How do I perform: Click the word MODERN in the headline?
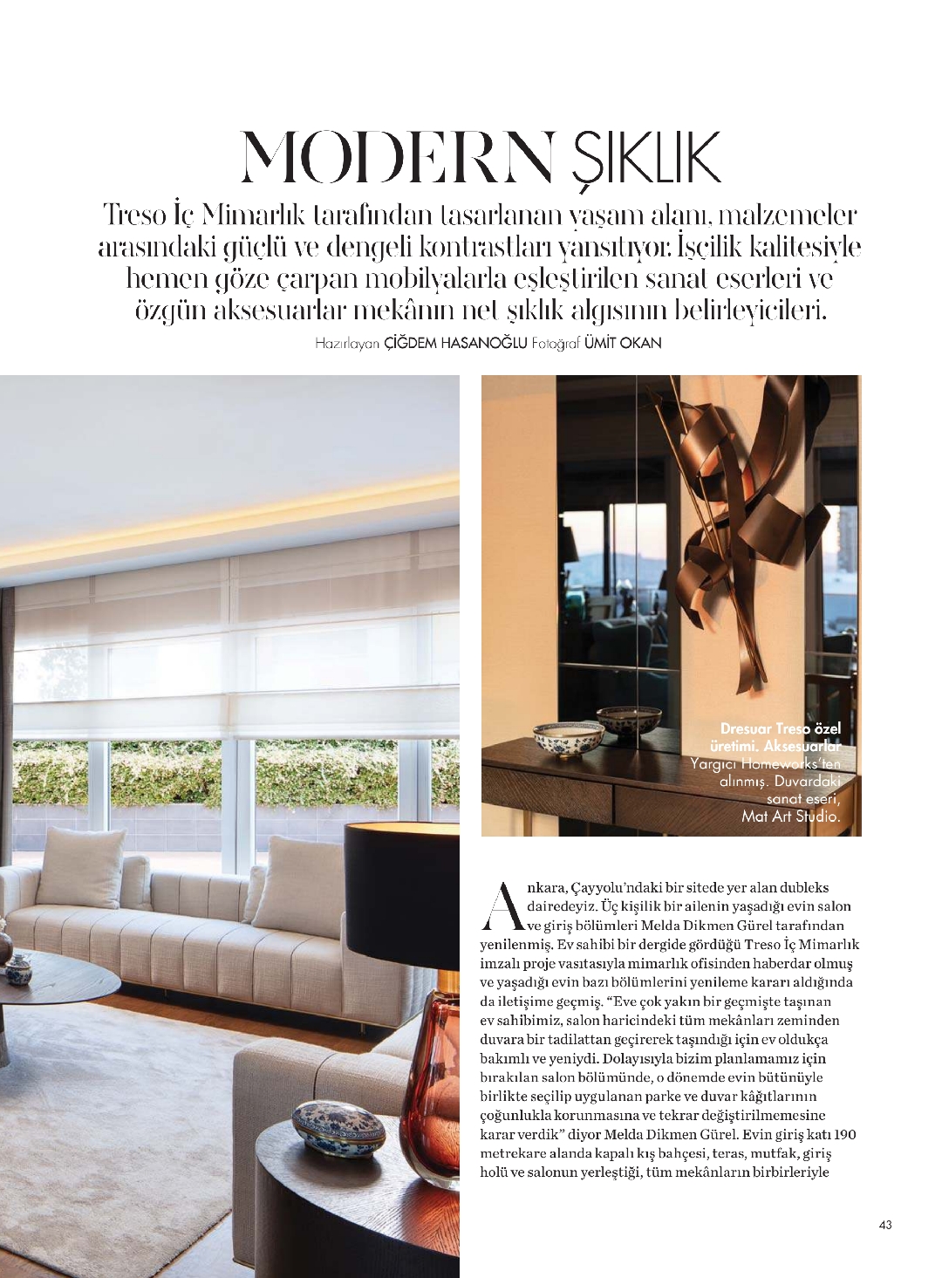point(397,158)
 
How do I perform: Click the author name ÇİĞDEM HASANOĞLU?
point(456,344)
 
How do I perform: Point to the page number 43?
point(885,1225)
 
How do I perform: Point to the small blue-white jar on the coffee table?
point(17,967)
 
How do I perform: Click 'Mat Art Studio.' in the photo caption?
point(790,817)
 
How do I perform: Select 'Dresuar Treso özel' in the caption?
point(780,728)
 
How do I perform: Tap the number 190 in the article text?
point(844,1134)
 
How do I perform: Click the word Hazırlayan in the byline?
point(348,344)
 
